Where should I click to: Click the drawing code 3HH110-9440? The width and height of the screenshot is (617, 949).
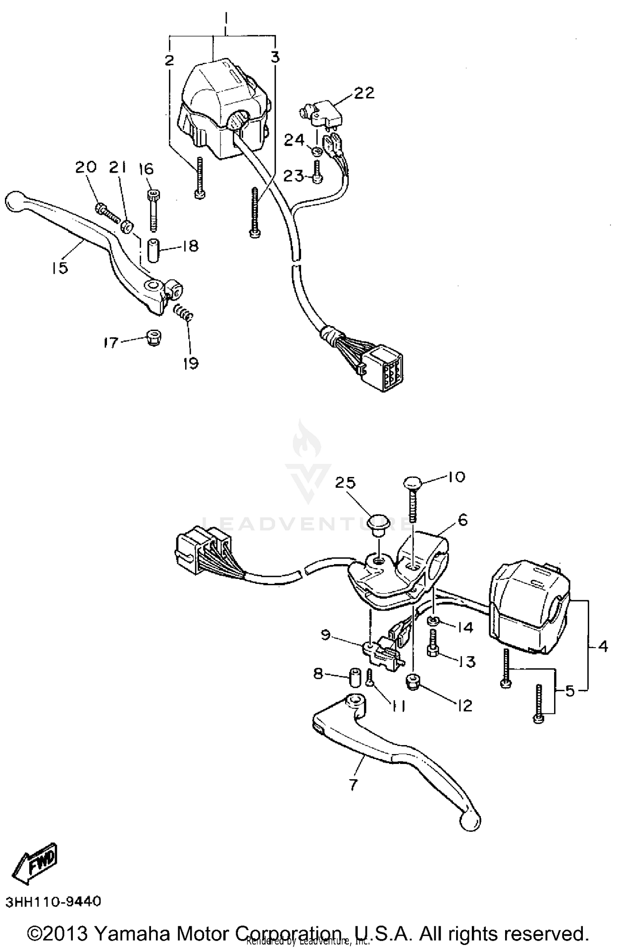pyautogui.click(x=53, y=902)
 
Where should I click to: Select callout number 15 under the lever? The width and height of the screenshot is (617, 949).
pyautogui.click(x=60, y=268)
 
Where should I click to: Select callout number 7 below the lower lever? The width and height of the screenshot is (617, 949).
pyautogui.click(x=354, y=784)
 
